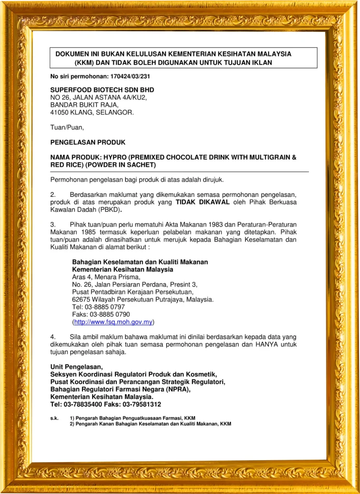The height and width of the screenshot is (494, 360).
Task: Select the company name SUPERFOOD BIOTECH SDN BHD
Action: coord(102,90)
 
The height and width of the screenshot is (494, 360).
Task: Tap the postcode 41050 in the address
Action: coord(60,112)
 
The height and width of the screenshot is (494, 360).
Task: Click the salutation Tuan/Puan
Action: coord(67,127)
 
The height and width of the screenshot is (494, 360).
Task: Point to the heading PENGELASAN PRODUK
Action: coord(88,142)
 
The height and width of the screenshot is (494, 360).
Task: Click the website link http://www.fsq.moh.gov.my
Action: coord(113,322)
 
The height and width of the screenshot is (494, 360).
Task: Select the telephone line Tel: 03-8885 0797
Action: coord(98,307)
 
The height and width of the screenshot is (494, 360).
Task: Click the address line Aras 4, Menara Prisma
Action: coord(106,277)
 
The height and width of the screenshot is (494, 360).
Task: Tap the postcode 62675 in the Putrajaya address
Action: coord(81,300)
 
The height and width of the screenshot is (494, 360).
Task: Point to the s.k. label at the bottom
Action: coord(54,418)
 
